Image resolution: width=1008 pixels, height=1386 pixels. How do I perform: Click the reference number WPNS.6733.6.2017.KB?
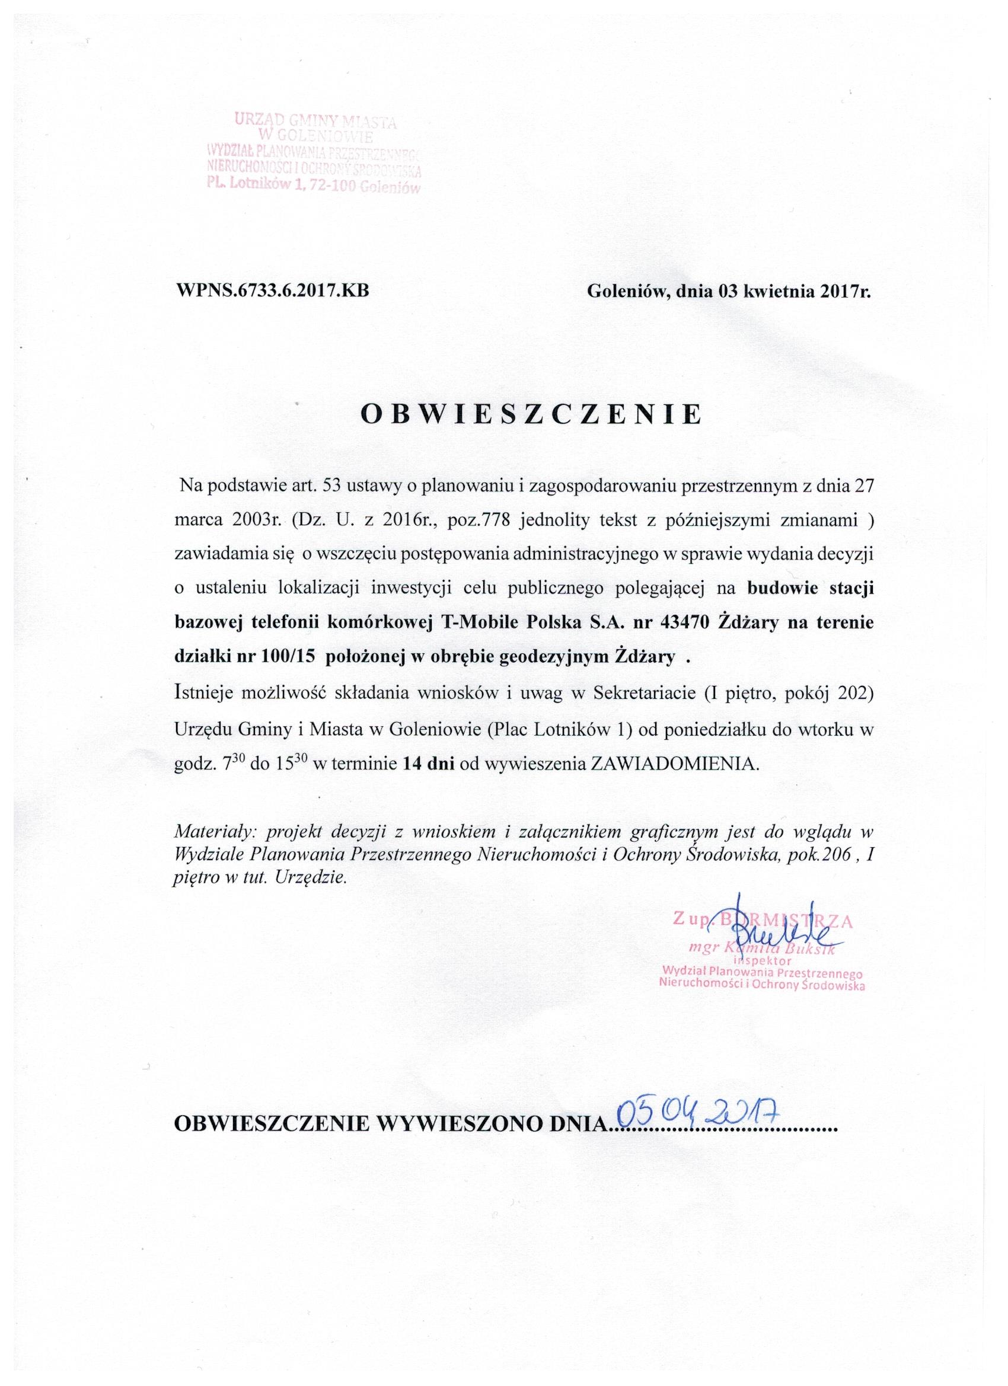click(x=273, y=290)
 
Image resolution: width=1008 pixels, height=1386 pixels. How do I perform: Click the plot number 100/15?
click(x=291, y=657)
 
